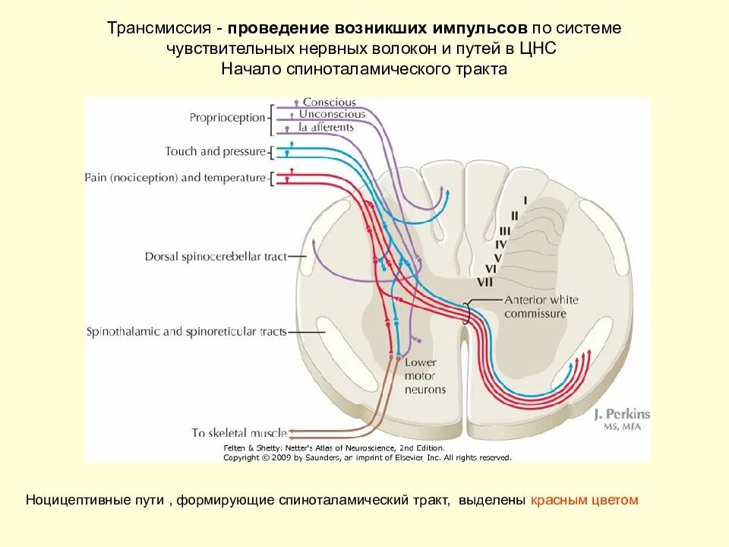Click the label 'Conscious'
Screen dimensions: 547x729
click(x=329, y=103)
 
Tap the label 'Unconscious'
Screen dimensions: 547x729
click(x=332, y=115)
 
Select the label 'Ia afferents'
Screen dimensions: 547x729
click(x=327, y=127)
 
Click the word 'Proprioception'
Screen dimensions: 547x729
click(x=227, y=118)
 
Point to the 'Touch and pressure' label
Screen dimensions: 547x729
click(x=215, y=151)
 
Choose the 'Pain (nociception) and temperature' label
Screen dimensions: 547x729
click(x=175, y=178)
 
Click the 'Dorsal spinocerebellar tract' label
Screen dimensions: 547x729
click(x=216, y=257)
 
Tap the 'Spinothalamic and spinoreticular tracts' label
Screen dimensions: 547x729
click(x=186, y=332)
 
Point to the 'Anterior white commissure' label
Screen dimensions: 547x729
click(x=541, y=306)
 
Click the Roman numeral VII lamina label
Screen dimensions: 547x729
click(x=486, y=282)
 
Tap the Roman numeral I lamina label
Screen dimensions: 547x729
click(x=524, y=201)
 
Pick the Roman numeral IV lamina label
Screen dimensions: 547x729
click(x=500, y=244)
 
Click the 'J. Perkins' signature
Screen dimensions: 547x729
click(x=622, y=414)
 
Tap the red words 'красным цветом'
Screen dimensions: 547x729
click(x=585, y=500)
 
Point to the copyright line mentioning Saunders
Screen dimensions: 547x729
click(x=367, y=458)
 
